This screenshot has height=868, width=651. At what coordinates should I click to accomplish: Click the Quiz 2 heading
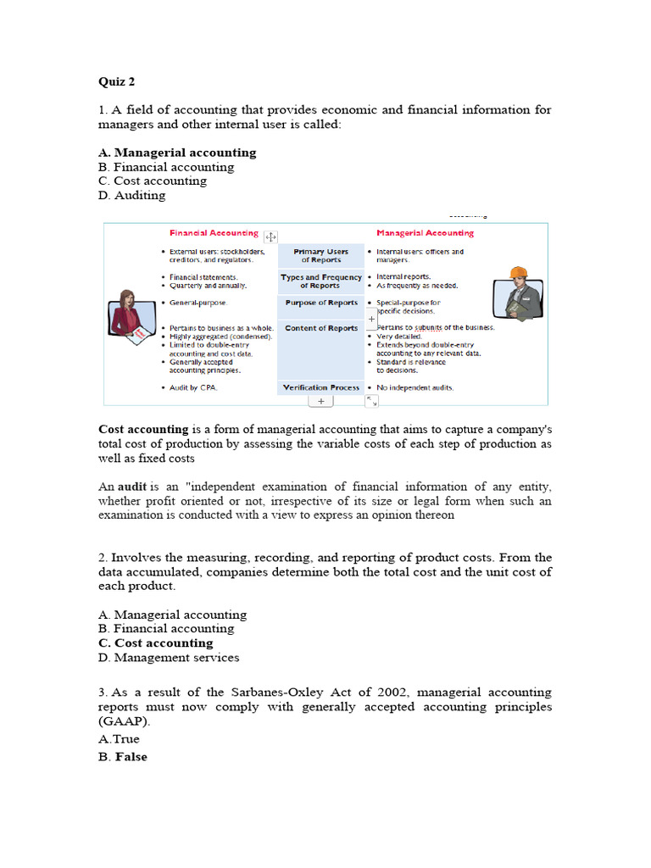click(x=116, y=82)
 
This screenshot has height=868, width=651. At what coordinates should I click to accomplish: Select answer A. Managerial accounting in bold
click(x=176, y=153)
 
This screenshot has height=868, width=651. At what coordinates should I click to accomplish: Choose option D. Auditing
click(x=131, y=195)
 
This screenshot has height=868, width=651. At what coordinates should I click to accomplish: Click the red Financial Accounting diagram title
click(x=214, y=233)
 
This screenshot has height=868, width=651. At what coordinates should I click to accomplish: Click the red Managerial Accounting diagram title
click(x=425, y=233)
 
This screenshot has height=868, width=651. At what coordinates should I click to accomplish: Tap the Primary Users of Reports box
click(x=320, y=256)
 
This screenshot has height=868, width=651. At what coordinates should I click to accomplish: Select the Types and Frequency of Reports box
click(x=320, y=281)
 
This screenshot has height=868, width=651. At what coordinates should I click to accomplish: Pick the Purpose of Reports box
click(x=320, y=303)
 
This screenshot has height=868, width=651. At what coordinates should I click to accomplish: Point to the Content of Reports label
click(x=320, y=328)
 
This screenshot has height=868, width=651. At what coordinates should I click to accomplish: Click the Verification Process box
click(x=320, y=387)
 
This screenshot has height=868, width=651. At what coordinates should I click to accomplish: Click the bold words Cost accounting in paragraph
click(x=143, y=430)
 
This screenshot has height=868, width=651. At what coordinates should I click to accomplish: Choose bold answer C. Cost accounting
click(x=155, y=643)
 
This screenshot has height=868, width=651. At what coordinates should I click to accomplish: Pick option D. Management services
click(x=168, y=657)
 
